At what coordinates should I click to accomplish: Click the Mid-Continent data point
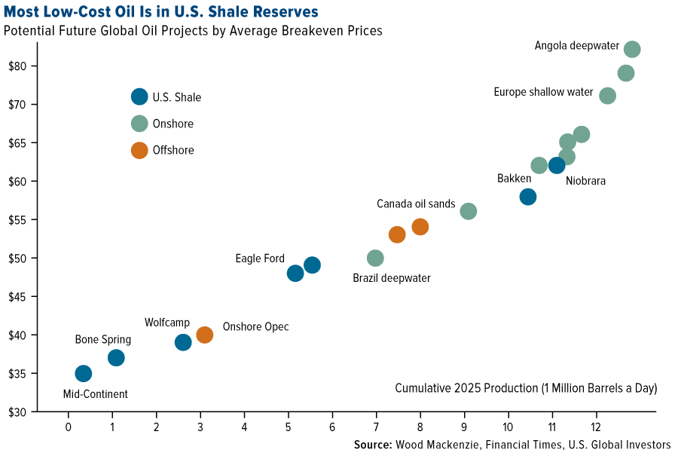[x=84, y=373]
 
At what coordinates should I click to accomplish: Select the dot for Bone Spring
[x=116, y=357]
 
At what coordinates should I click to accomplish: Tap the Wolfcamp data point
[x=183, y=342]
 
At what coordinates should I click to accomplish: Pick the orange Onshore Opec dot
[x=204, y=335]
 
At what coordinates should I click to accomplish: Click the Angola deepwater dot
[x=632, y=49]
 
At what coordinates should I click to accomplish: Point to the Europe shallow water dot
[x=607, y=96]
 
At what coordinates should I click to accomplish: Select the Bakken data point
[x=528, y=197]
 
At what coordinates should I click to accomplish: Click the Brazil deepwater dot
[x=375, y=258]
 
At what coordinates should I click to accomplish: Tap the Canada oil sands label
[x=416, y=204]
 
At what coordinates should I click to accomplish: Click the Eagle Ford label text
[x=260, y=259]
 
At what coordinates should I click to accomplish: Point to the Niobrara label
[x=585, y=181]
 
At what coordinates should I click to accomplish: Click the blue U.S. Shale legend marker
[x=139, y=96]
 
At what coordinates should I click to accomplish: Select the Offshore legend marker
[x=139, y=150]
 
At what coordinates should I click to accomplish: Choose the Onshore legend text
[x=173, y=124]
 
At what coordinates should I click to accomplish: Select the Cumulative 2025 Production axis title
[x=526, y=388]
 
